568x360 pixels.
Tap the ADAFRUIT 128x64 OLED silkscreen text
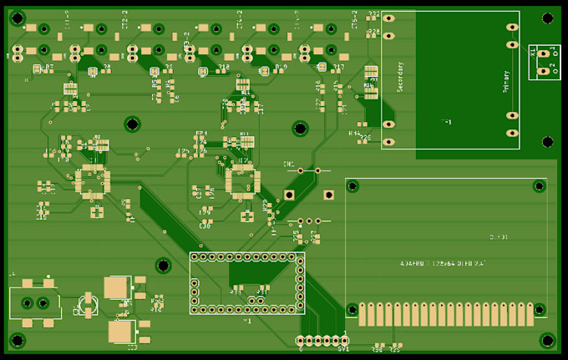tap(443, 264)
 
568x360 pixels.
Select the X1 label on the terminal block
tap(533, 52)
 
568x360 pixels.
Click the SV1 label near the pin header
tap(343, 349)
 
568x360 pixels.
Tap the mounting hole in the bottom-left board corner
tap(17, 341)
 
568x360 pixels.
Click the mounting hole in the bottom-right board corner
tap(547, 340)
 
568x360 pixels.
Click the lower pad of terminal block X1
tap(545, 70)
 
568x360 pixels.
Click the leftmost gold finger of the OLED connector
tap(363, 314)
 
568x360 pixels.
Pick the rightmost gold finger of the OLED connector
tap(529, 314)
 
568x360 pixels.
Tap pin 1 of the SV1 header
tap(343, 341)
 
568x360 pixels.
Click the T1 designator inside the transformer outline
tap(446, 123)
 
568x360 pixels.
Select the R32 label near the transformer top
tap(373, 15)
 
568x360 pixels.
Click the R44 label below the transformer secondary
tap(354, 133)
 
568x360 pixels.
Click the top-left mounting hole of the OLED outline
tap(352, 186)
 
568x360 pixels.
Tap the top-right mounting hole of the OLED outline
tap(540, 186)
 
